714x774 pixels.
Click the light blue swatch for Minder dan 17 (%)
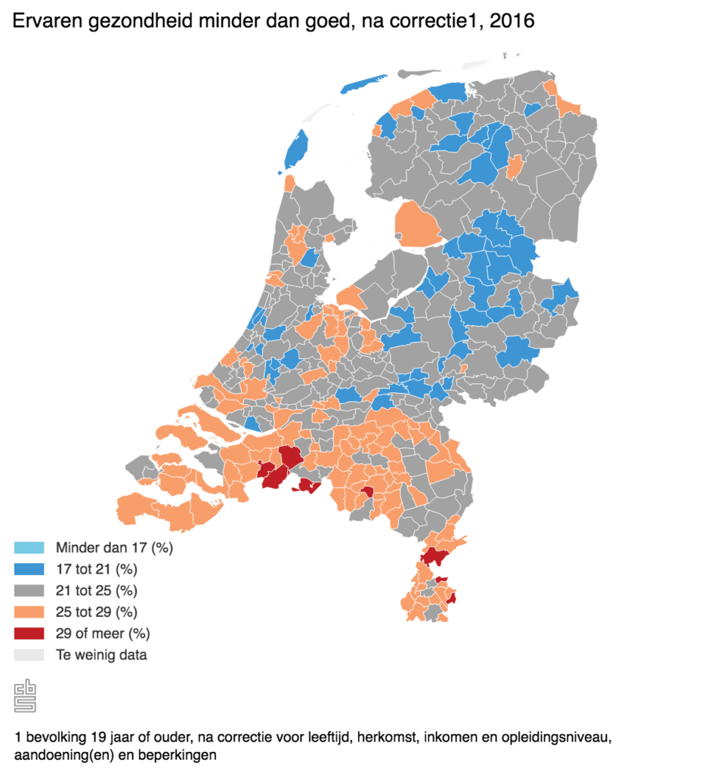click(x=29, y=547)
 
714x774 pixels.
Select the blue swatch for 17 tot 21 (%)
click(x=29, y=568)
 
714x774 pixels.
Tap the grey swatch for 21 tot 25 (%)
click(x=29, y=590)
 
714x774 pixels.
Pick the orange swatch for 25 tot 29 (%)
click(x=29, y=611)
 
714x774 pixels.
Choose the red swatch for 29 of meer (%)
click(x=29, y=633)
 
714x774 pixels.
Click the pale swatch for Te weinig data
click(x=29, y=655)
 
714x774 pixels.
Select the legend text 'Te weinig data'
click(x=101, y=655)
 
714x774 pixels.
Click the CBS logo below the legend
click(x=26, y=695)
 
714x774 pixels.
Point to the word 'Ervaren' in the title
click(x=44, y=21)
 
